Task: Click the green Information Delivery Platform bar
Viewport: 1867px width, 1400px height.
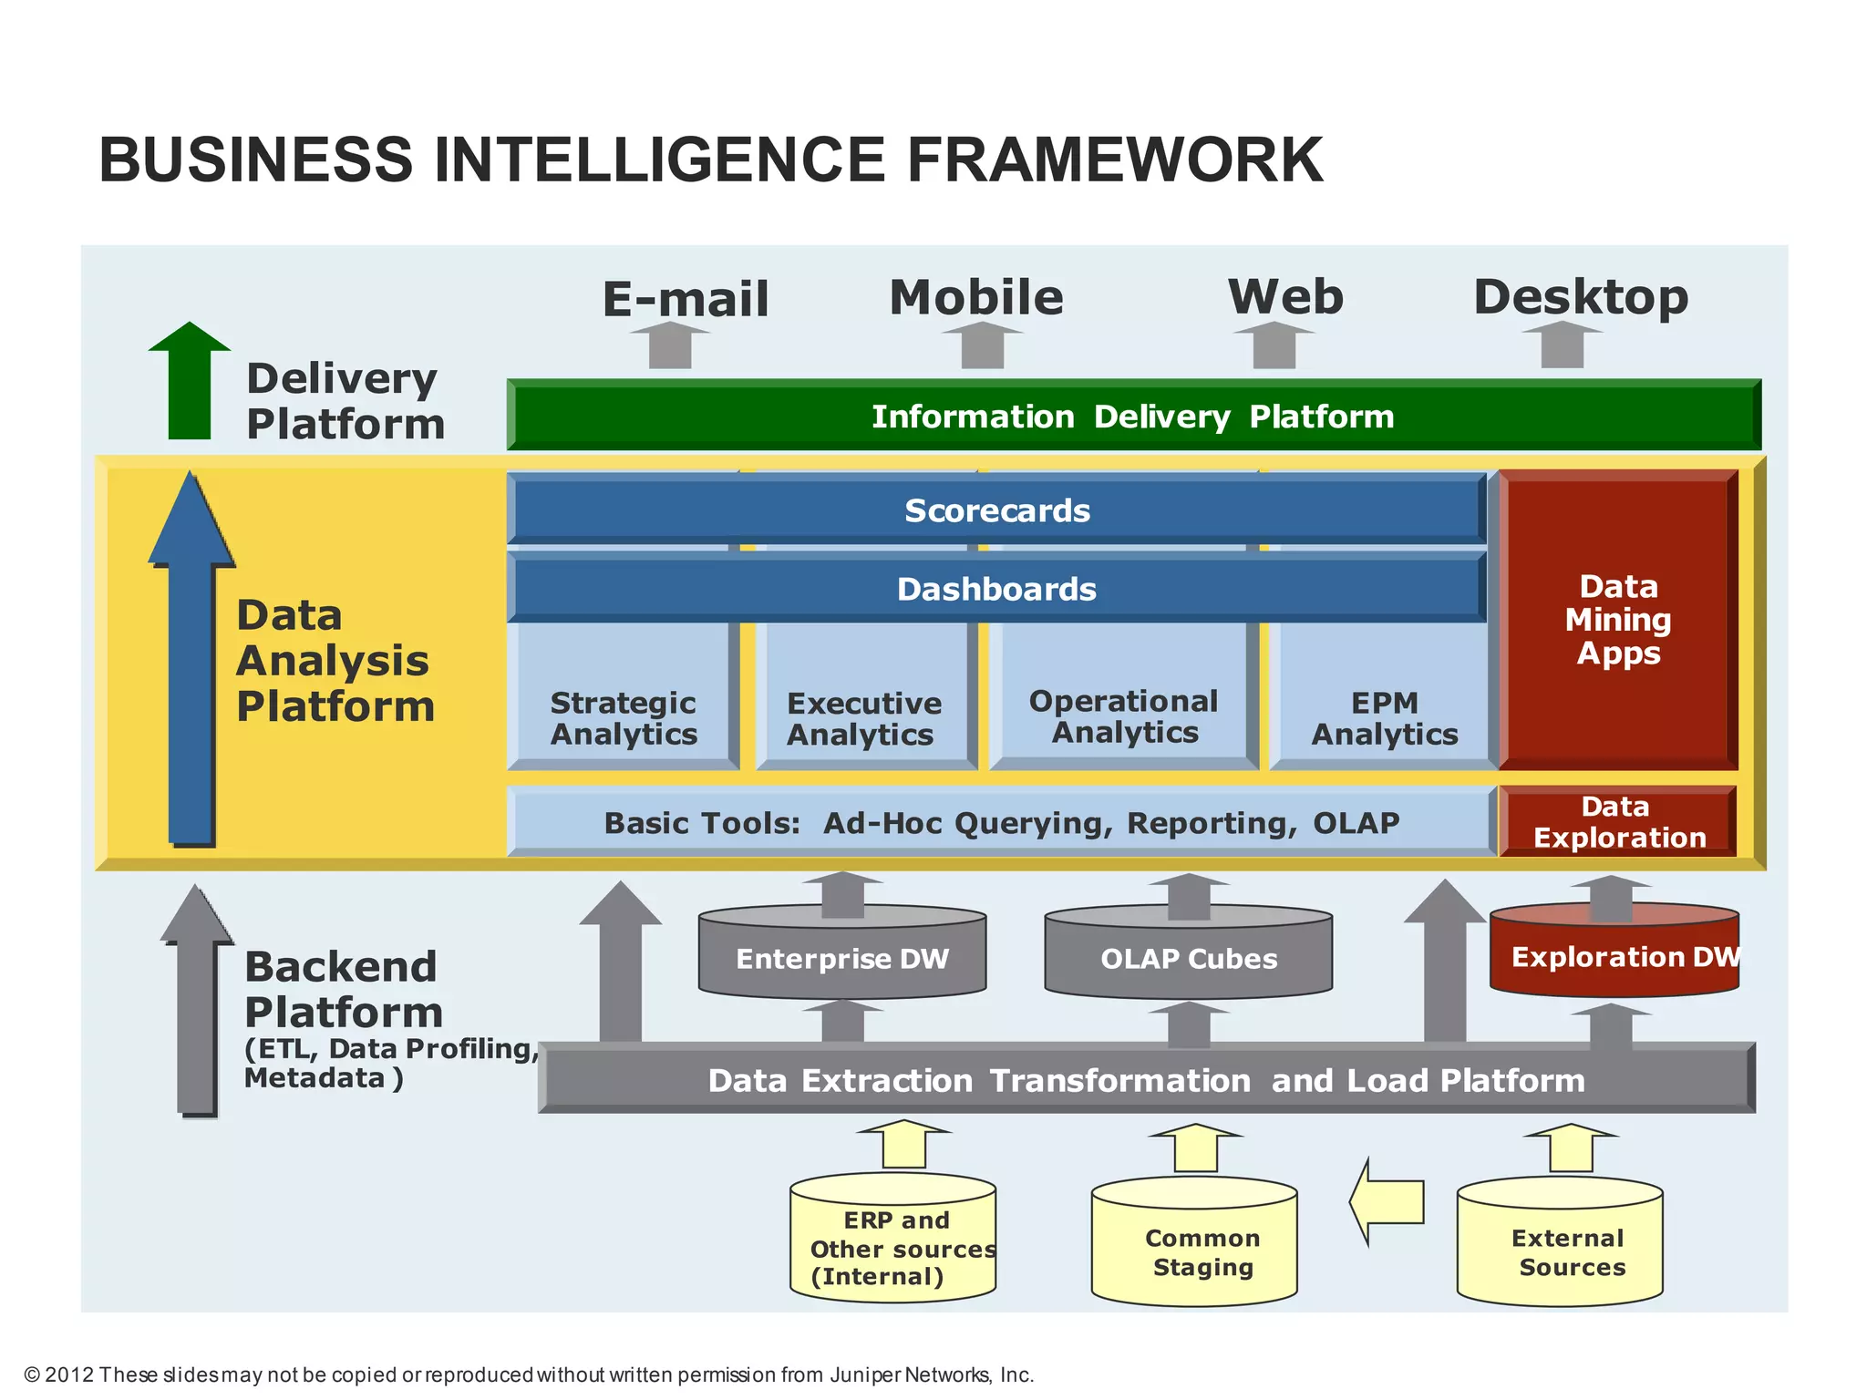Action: click(x=1132, y=417)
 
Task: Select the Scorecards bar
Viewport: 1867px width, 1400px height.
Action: click(x=996, y=510)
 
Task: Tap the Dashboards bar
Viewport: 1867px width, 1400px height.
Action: click(x=996, y=589)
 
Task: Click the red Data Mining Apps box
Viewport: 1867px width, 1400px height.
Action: click(x=1618, y=620)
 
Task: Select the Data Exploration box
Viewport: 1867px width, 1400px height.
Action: click(x=1618, y=822)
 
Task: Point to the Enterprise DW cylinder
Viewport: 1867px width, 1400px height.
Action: click(x=842, y=958)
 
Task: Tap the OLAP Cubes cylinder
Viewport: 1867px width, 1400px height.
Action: click(x=1188, y=958)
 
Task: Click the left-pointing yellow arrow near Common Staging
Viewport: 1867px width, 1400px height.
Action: click(x=1387, y=1201)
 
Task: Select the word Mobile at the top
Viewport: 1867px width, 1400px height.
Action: click(x=976, y=298)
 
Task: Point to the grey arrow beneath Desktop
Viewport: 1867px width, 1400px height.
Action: click(x=1562, y=345)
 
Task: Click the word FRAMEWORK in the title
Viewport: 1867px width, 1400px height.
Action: click(x=1114, y=160)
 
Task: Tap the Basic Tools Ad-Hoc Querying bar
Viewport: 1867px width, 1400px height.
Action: click(x=1001, y=823)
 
